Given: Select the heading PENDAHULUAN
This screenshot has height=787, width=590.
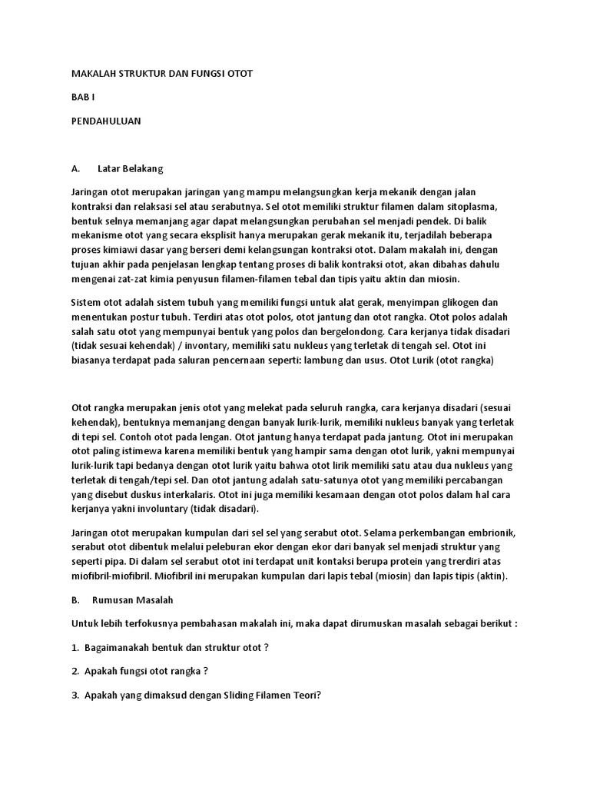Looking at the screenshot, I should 106,121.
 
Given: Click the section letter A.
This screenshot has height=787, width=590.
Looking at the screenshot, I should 75,168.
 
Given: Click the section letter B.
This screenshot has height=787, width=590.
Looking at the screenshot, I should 75,599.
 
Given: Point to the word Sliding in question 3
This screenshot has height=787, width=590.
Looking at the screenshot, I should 222,695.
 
